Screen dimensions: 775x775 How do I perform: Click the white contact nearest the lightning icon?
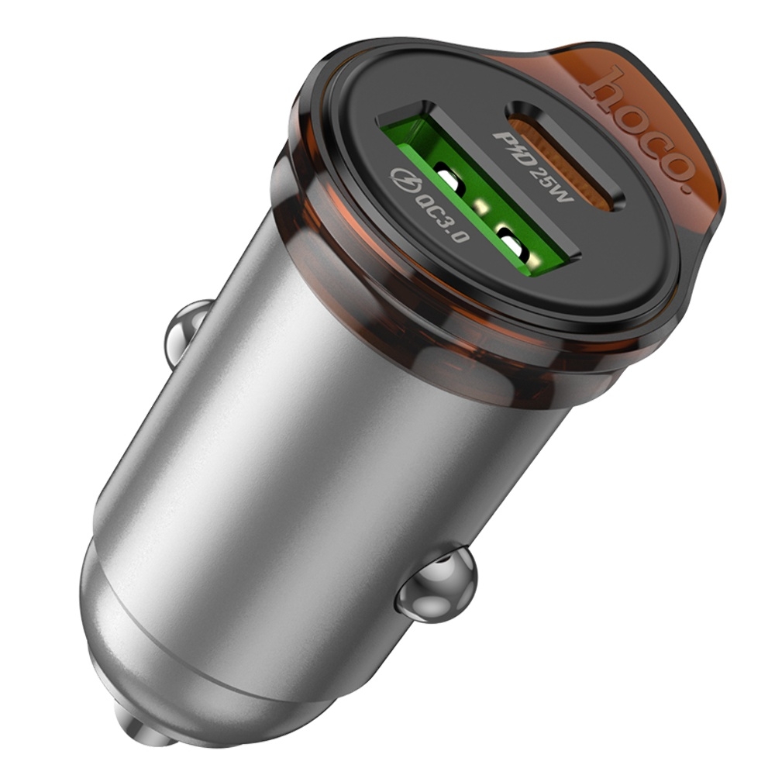[x=450, y=180]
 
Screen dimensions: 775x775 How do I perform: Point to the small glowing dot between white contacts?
[x=483, y=207]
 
